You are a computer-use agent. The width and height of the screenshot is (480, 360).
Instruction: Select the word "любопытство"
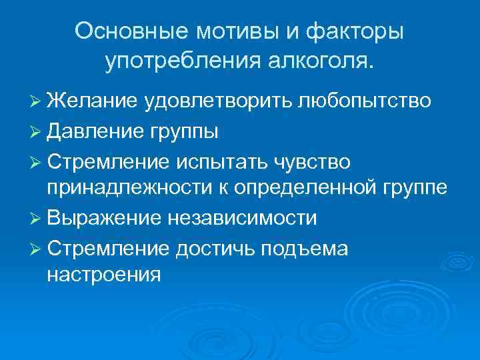[x=366, y=101]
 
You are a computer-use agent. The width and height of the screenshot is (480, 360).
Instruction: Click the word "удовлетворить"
[x=218, y=101]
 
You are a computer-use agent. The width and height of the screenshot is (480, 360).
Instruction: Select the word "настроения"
[x=103, y=275]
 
